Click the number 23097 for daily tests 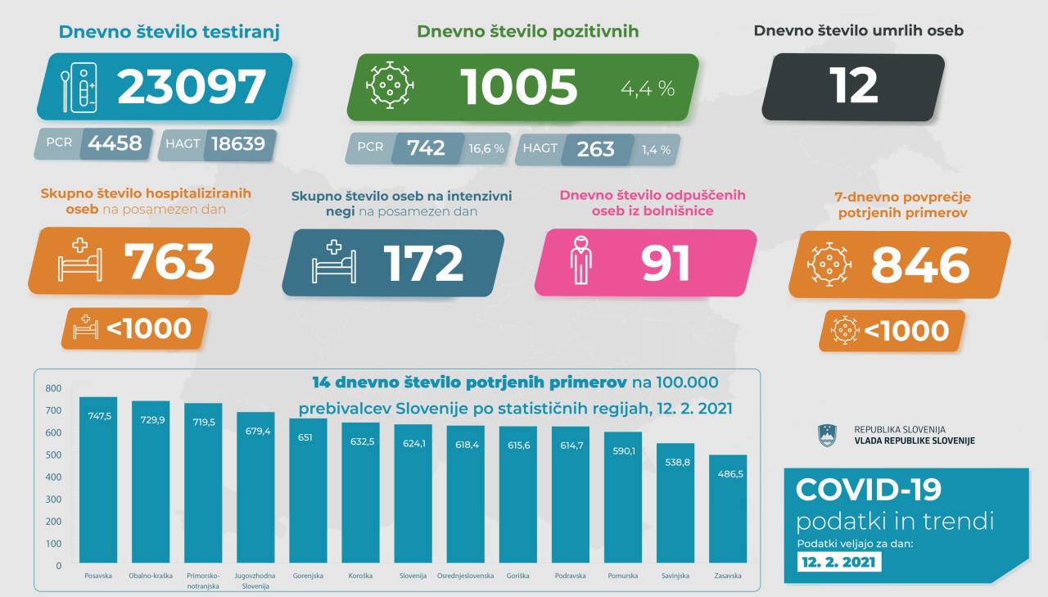[192, 88]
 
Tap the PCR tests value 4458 [115, 144]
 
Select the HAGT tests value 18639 [238, 144]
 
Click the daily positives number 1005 [519, 88]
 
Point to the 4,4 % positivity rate [647, 88]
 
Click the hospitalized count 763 [169, 262]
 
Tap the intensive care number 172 [422, 263]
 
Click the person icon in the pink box [581, 260]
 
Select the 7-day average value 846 [920, 265]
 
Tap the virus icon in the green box [390, 85]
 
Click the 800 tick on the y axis [53, 388]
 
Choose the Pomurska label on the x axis [622, 576]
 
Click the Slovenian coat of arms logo [826, 435]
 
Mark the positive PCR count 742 [426, 148]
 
